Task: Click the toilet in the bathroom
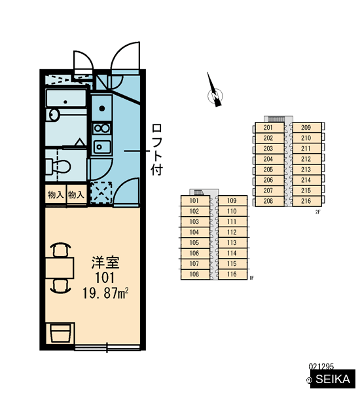pyautogui.click(x=58, y=166)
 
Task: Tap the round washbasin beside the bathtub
pyautogui.click(x=53, y=115)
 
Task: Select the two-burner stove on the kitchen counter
pyautogui.click(x=101, y=128)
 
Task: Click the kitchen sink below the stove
pyautogui.click(x=101, y=147)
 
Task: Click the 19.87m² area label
pyautogui.click(x=105, y=293)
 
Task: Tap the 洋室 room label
pyautogui.click(x=105, y=262)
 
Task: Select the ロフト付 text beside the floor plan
pyautogui.click(x=157, y=149)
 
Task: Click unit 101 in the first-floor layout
pyautogui.click(x=194, y=200)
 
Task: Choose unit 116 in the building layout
pyautogui.click(x=232, y=274)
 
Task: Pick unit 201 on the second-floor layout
pyautogui.click(x=268, y=127)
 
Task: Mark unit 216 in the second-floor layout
pyautogui.click(x=306, y=201)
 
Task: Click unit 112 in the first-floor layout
pyautogui.click(x=232, y=232)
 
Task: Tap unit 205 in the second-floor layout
pyautogui.click(x=268, y=170)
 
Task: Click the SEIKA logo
pyautogui.click(x=333, y=379)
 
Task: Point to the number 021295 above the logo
pyautogui.click(x=321, y=367)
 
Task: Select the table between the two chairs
pyautogui.click(x=60, y=268)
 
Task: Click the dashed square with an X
pyautogui.click(x=101, y=193)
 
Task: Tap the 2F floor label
pyautogui.click(x=318, y=212)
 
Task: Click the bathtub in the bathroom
pyautogui.click(x=66, y=98)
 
